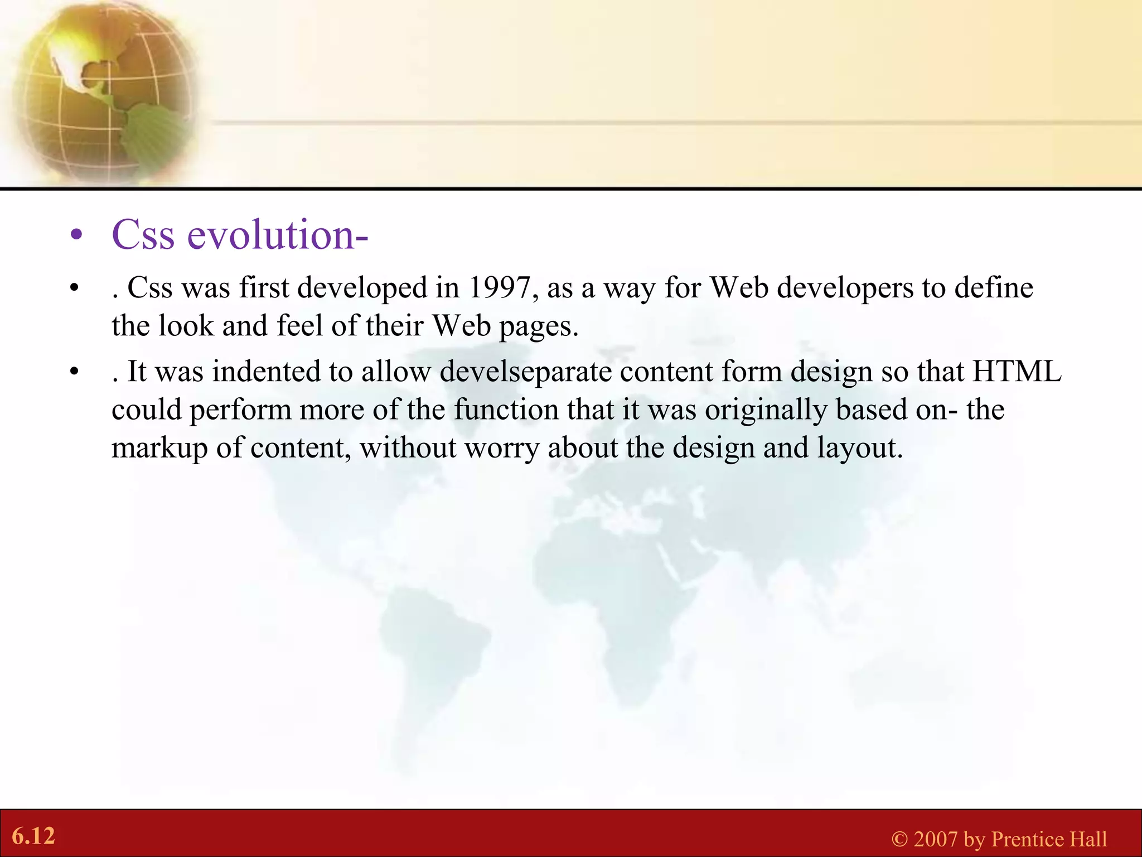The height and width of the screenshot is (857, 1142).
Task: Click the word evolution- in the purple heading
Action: pyautogui.click(x=277, y=235)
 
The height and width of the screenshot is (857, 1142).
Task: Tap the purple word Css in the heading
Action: pyautogui.click(x=143, y=235)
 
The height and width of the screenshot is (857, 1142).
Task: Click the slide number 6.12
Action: pyautogui.click(x=33, y=836)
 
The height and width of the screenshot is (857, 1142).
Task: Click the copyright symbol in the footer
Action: pyautogui.click(x=899, y=839)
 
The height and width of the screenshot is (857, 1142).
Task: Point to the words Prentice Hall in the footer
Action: pyautogui.click(x=1049, y=839)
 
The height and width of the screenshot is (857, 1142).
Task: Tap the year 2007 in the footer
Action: pyautogui.click(x=936, y=839)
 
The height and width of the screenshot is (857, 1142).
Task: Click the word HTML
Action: pyautogui.click(x=1017, y=372)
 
